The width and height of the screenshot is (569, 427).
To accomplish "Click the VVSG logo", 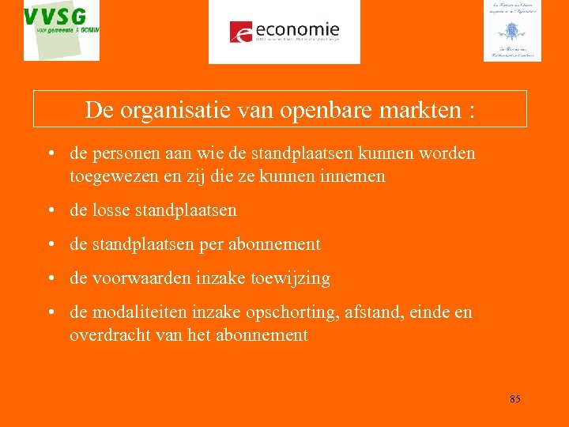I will point(62,29).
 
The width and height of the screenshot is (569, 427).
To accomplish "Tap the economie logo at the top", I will point(284,32).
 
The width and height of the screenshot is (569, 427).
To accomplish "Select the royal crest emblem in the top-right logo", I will point(511,32).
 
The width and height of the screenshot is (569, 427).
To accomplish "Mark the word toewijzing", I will point(291,278).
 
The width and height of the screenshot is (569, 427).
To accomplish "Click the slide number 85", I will point(514,399).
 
